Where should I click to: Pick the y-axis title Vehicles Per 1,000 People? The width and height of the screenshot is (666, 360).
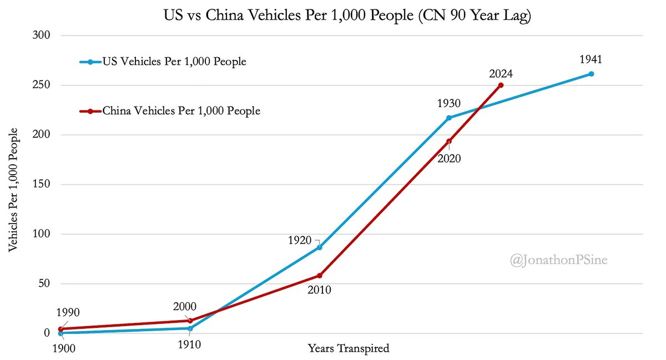click(13, 190)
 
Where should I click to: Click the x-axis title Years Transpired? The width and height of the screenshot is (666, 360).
click(348, 349)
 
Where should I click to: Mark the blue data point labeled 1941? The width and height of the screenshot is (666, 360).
click(591, 74)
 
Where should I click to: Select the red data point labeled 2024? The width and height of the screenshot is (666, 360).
click(501, 85)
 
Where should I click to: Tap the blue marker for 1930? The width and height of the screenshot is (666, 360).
click(449, 118)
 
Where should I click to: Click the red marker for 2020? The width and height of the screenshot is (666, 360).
click(449, 141)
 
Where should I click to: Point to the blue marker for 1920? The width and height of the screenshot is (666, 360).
click(319, 247)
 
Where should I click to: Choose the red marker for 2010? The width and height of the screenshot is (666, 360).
click(320, 276)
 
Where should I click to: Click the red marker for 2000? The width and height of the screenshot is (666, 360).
click(190, 321)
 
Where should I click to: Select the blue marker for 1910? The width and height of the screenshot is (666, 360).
click(190, 328)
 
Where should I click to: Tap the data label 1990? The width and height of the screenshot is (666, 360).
click(69, 312)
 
